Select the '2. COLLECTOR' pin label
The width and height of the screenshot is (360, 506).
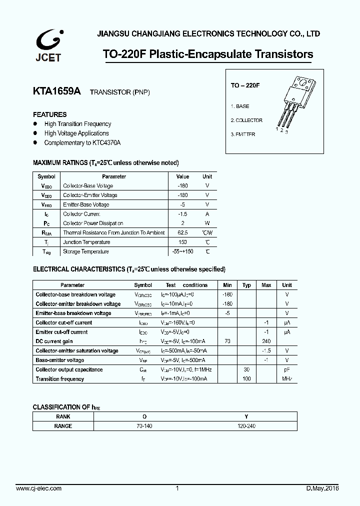click(246, 120)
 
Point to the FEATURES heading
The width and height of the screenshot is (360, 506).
click(49, 114)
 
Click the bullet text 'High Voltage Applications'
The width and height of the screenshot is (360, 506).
click(76, 133)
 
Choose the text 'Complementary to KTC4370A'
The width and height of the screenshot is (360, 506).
click(82, 143)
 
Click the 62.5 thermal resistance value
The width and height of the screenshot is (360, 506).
click(182, 233)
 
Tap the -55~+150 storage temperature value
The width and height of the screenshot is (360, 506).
click(182, 251)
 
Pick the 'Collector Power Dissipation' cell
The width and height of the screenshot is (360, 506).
click(93, 223)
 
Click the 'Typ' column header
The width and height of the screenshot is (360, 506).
click(246, 285)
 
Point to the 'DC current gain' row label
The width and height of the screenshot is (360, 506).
click(54, 341)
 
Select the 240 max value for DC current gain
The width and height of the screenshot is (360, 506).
click(266, 341)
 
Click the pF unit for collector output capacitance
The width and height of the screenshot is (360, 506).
click(287, 369)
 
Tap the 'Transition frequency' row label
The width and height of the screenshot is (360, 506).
click(59, 379)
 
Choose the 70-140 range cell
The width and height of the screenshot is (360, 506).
click(145, 426)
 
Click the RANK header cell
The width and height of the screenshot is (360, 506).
click(63, 416)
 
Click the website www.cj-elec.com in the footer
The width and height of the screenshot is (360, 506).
click(39, 488)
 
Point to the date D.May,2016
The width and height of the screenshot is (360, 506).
click(322, 488)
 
